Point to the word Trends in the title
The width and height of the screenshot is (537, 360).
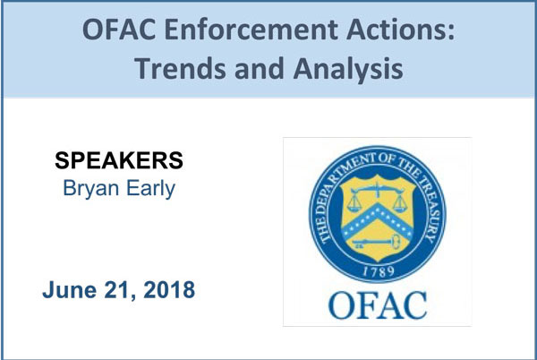point(180,68)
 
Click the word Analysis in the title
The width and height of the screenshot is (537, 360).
point(348,69)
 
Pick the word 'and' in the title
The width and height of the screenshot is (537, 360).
point(260,68)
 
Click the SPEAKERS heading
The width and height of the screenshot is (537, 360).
point(119,160)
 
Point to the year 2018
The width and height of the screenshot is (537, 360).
point(169,290)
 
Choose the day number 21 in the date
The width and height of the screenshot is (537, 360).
point(120,290)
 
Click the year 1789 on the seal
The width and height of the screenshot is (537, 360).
point(378,271)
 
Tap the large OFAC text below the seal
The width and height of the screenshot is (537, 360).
point(378,305)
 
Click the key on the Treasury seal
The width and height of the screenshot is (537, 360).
point(376,242)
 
